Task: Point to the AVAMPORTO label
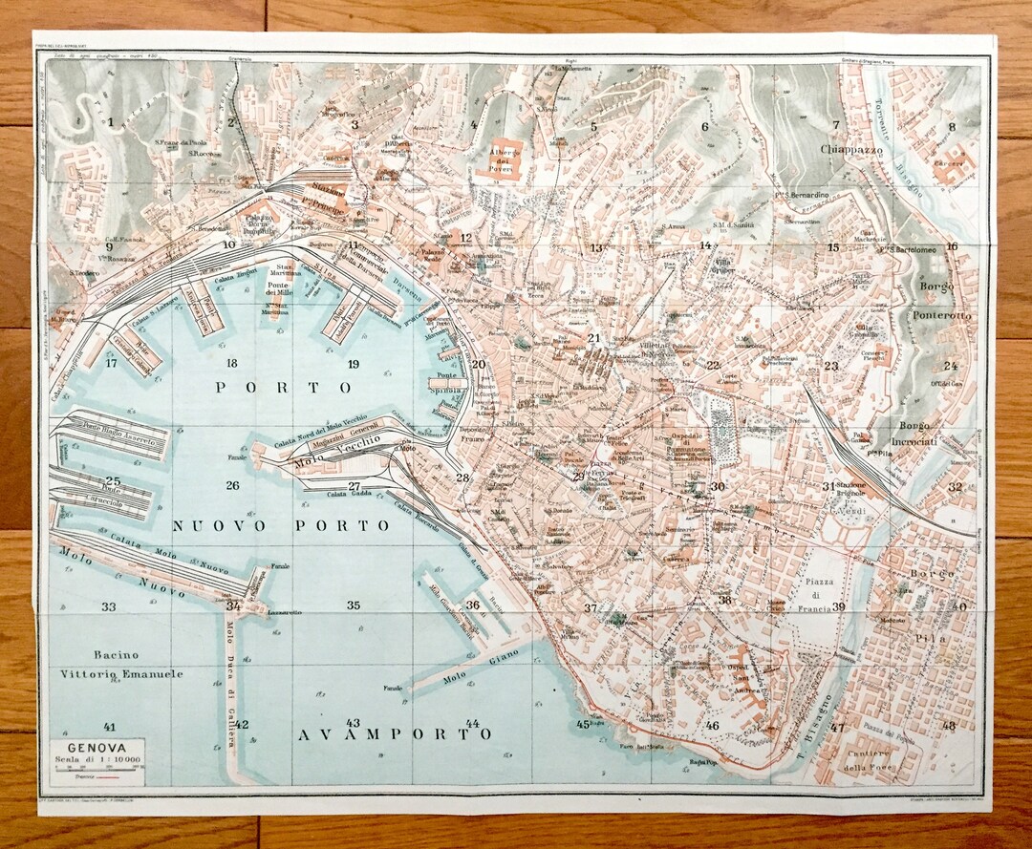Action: (397, 733)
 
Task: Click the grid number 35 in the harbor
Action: (354, 605)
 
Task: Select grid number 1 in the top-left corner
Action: (111, 121)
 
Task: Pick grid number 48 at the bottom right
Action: (948, 725)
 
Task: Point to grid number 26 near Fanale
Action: (232, 485)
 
